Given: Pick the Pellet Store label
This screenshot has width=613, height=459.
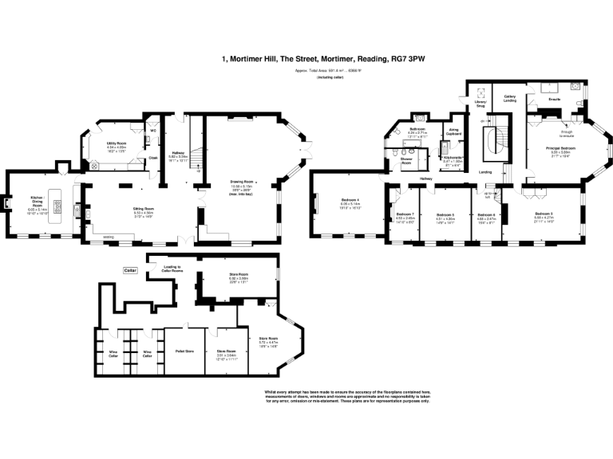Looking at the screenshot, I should coord(184,350).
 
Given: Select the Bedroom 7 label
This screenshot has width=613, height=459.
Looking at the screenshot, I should coord(405,215).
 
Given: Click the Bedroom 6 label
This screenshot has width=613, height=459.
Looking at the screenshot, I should coord(486,215).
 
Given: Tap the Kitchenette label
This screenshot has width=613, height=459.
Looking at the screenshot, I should coord(454,158).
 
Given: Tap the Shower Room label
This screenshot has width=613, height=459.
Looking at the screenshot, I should coord(406,161).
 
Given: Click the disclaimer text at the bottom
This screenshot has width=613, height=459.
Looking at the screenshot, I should coord(346,396).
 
